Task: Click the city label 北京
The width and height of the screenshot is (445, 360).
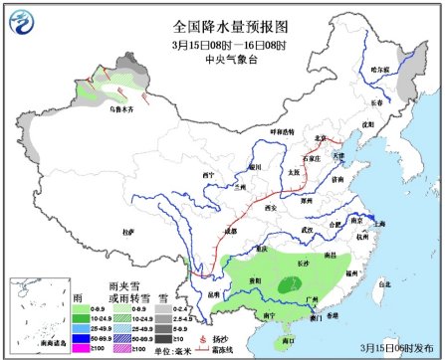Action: (319, 138)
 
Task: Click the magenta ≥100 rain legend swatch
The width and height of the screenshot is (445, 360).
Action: (88, 349)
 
